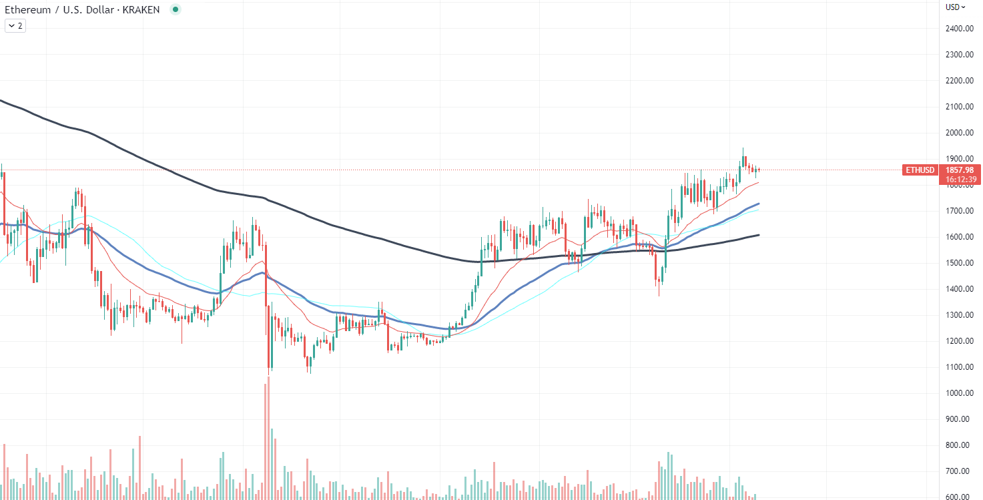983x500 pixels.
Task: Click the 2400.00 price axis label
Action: pyautogui.click(x=958, y=29)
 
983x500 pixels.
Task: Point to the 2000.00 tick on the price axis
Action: pyautogui.click(x=958, y=133)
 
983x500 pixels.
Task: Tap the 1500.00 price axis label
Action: pyautogui.click(x=958, y=263)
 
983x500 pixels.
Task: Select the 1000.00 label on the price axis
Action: pyautogui.click(x=958, y=393)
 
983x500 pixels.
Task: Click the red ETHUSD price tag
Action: pyautogui.click(x=920, y=170)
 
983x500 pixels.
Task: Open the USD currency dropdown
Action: pyautogui.click(x=956, y=7)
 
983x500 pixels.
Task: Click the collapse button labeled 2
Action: pyautogui.click(x=15, y=26)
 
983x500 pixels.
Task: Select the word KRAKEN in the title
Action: pyautogui.click(x=141, y=10)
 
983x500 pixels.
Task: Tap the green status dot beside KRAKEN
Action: pyautogui.click(x=175, y=10)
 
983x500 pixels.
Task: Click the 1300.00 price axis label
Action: pyautogui.click(x=958, y=315)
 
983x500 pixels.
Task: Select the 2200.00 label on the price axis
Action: pyautogui.click(x=958, y=81)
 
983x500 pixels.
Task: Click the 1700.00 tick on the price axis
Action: pyautogui.click(x=958, y=211)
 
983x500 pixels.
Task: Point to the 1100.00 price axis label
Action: pyautogui.click(x=958, y=367)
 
